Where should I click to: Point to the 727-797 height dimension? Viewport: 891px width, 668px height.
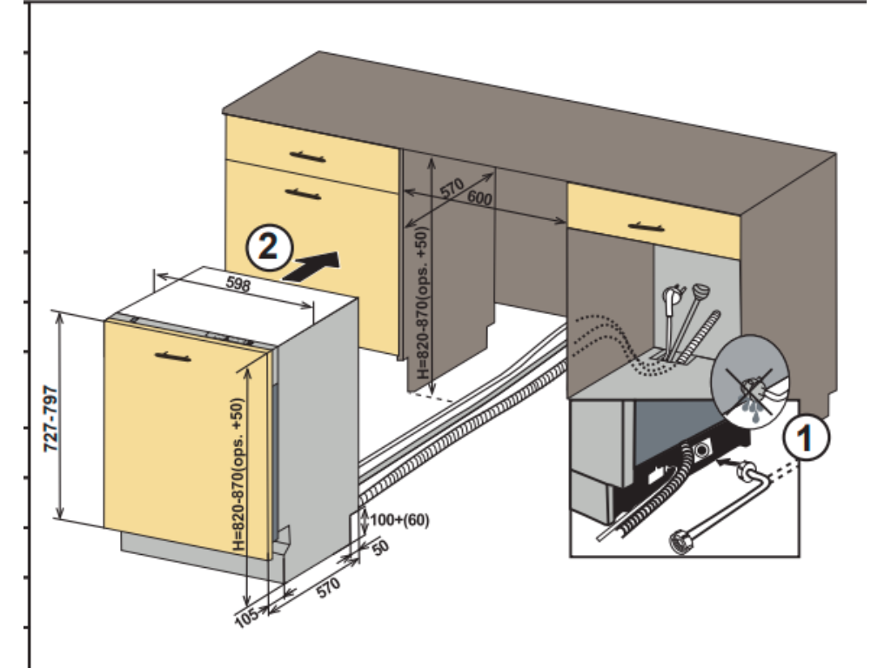[51, 418]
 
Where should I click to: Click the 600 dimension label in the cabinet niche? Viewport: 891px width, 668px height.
[479, 199]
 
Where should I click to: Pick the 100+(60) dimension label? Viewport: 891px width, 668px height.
[399, 519]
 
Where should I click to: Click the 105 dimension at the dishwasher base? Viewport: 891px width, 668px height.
[247, 618]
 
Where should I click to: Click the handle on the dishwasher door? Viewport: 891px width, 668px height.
[171, 355]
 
